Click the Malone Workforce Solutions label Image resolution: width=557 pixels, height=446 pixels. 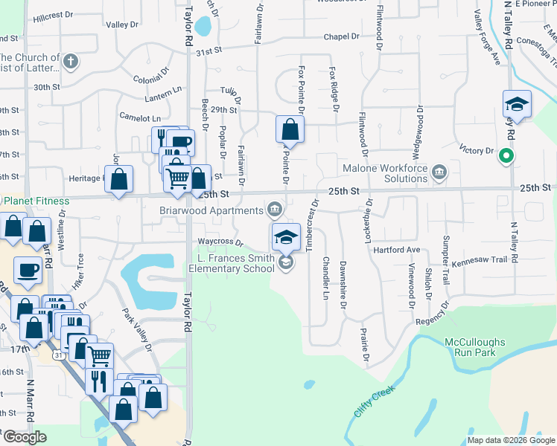[385, 173]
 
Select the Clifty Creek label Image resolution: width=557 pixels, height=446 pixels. [373, 401]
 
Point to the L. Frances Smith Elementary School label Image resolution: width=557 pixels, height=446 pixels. [237, 263]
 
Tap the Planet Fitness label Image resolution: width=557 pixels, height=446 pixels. [36, 201]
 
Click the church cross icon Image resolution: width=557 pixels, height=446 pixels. [70, 61]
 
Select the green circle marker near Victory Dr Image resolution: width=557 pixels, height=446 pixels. [506, 156]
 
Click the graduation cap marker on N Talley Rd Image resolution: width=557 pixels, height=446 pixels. [516, 104]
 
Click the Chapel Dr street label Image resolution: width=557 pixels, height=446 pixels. [341, 37]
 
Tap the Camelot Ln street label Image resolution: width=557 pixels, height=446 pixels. [140, 117]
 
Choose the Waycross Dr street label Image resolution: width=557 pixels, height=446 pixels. [220, 242]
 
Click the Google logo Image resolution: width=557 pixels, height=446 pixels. [25, 437]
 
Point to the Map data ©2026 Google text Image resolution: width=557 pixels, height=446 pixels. [510, 440]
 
